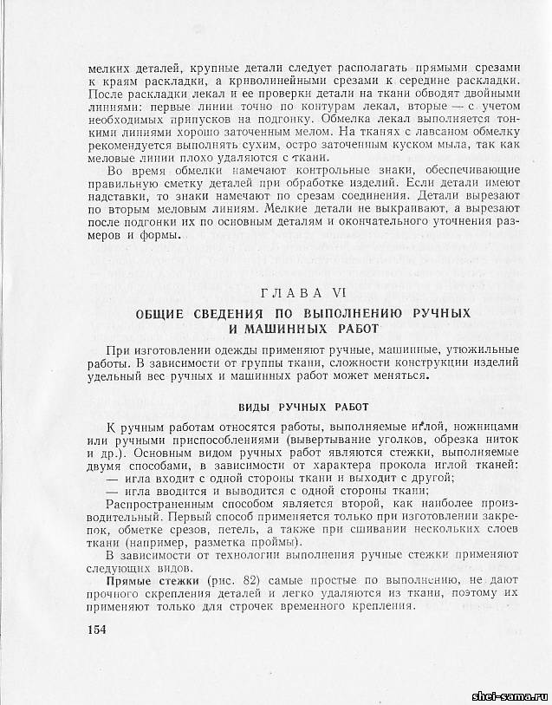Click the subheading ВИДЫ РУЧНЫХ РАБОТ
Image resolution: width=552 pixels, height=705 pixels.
(x=303, y=407)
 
